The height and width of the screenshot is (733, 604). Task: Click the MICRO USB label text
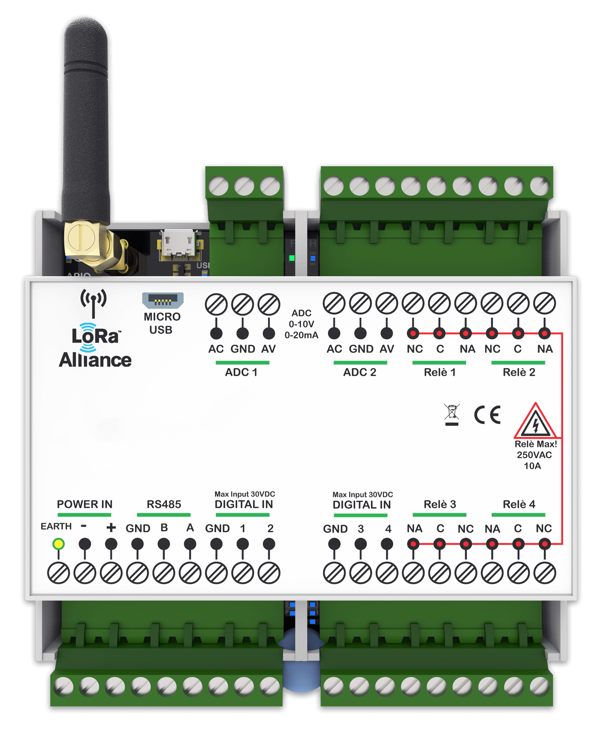162,323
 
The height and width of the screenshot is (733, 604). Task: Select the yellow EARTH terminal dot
58,544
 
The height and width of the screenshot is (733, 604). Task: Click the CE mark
487,415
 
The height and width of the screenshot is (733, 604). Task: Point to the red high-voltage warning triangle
535,423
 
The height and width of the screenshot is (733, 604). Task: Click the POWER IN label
85,504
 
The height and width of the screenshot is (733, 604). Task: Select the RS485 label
164,504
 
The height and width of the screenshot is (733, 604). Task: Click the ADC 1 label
241,372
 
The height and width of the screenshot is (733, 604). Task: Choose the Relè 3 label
440,504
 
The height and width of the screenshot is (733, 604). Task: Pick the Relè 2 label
519,372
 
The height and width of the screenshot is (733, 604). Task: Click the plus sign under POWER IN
111,528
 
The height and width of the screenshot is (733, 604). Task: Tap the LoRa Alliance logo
95,346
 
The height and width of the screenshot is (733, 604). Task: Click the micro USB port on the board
179,243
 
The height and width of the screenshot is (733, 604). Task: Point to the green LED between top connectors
292,258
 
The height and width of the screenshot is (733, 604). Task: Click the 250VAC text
534,455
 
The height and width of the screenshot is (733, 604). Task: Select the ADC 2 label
360,372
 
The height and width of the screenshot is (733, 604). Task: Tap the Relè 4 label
519,504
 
